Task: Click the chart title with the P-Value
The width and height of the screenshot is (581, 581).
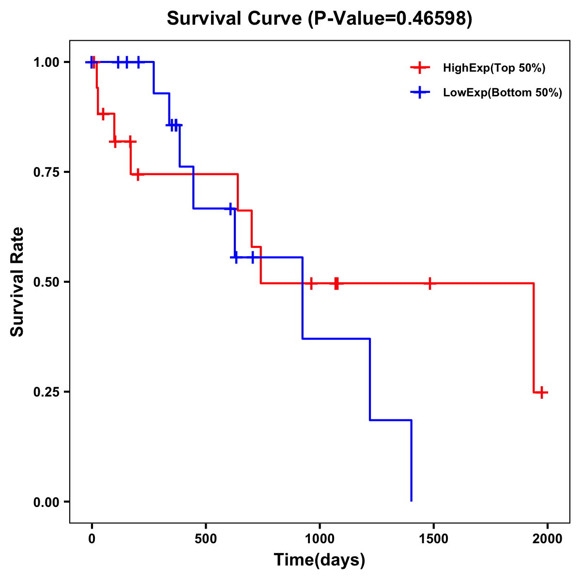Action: (x=319, y=19)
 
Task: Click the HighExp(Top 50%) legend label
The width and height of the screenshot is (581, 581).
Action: (x=494, y=68)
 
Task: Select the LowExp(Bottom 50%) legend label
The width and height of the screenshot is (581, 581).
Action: (x=503, y=93)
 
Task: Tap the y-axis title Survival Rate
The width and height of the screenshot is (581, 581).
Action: (x=17, y=282)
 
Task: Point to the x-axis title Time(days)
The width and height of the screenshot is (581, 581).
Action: (x=320, y=560)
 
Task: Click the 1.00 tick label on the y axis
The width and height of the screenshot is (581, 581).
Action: (x=46, y=62)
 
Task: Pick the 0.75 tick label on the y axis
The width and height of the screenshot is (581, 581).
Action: (x=46, y=172)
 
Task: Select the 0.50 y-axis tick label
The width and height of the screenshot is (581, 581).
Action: (x=46, y=282)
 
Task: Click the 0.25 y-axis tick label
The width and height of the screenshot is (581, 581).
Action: (x=46, y=392)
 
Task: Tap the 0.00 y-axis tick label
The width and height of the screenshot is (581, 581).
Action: (x=46, y=502)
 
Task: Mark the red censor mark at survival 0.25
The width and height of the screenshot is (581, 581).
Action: (x=542, y=392)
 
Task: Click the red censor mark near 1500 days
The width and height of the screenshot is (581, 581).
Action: (x=429, y=283)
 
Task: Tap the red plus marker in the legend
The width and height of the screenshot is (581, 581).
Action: (x=420, y=68)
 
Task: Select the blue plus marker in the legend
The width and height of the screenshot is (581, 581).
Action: (x=420, y=93)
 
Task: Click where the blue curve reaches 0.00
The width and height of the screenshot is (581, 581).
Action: (x=412, y=501)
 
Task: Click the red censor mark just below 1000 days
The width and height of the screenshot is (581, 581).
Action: (x=311, y=283)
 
